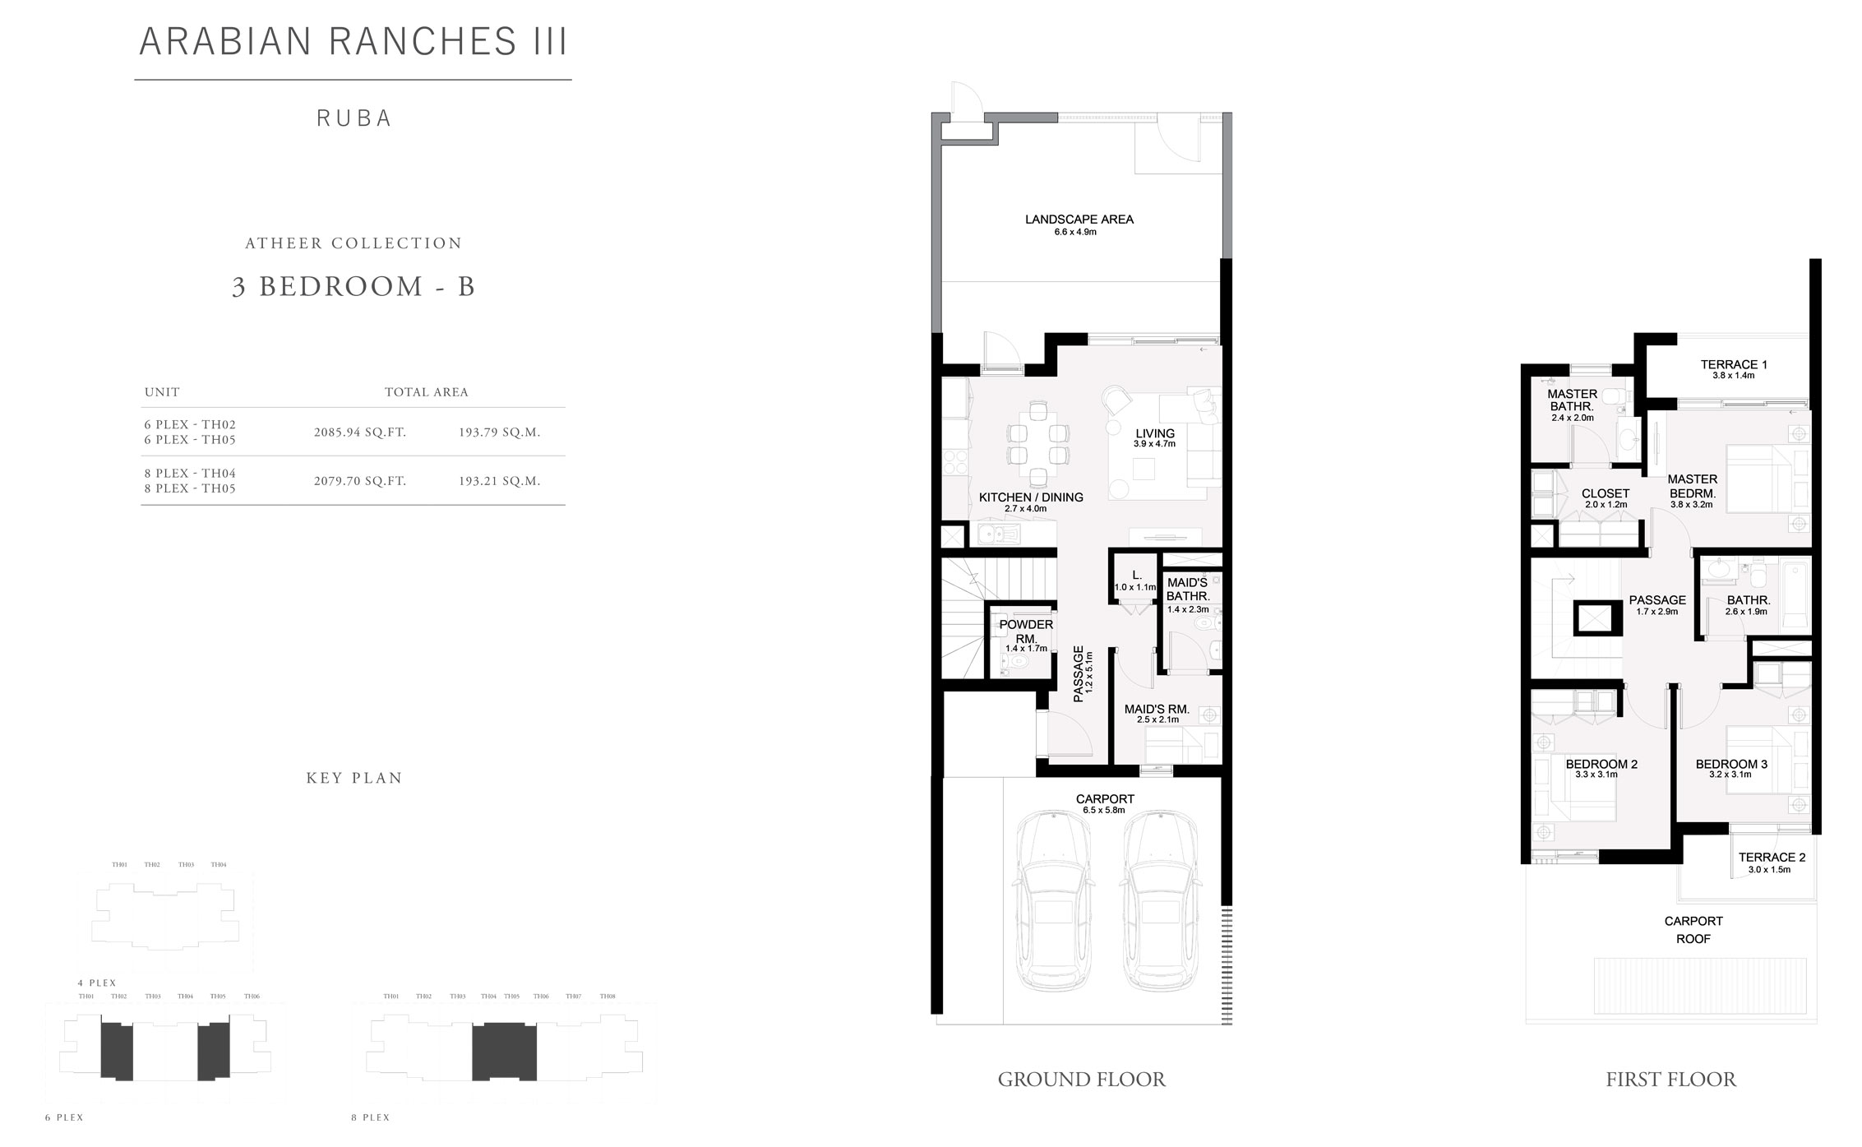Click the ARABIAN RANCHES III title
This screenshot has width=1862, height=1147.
point(353,42)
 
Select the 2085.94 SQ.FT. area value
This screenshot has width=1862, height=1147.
point(360,432)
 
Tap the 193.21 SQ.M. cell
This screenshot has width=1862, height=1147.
point(500,481)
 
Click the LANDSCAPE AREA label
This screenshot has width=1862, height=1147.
point(1079,220)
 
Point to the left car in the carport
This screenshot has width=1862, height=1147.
point(1056,901)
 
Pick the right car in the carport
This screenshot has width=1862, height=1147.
point(1160,901)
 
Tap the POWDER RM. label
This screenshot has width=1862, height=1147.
point(1026,631)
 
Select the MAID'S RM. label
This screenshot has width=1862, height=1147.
point(1157,709)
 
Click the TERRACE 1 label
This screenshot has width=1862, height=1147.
point(1734,364)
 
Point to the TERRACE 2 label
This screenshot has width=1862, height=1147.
point(1772,857)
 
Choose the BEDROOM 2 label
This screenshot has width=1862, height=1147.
point(1601,764)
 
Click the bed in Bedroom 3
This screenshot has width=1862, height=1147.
point(1758,759)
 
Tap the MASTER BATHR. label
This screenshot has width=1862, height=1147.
point(1572,400)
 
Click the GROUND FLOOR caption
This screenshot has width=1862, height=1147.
point(1081,1080)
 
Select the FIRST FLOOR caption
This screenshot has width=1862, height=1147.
point(1670,1080)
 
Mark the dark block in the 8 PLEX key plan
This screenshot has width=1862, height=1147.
point(504,1051)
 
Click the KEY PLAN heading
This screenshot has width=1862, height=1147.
point(354,778)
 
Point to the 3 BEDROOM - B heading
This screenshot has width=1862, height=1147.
point(353,286)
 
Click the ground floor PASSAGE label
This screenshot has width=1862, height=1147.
point(1079,673)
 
